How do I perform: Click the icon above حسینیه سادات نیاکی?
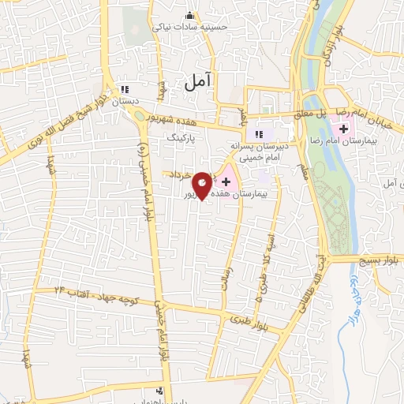click(189, 15)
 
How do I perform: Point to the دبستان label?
click(125, 101)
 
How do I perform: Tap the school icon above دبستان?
click(125, 89)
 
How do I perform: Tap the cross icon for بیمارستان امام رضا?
click(344, 129)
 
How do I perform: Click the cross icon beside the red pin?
click(226, 181)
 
